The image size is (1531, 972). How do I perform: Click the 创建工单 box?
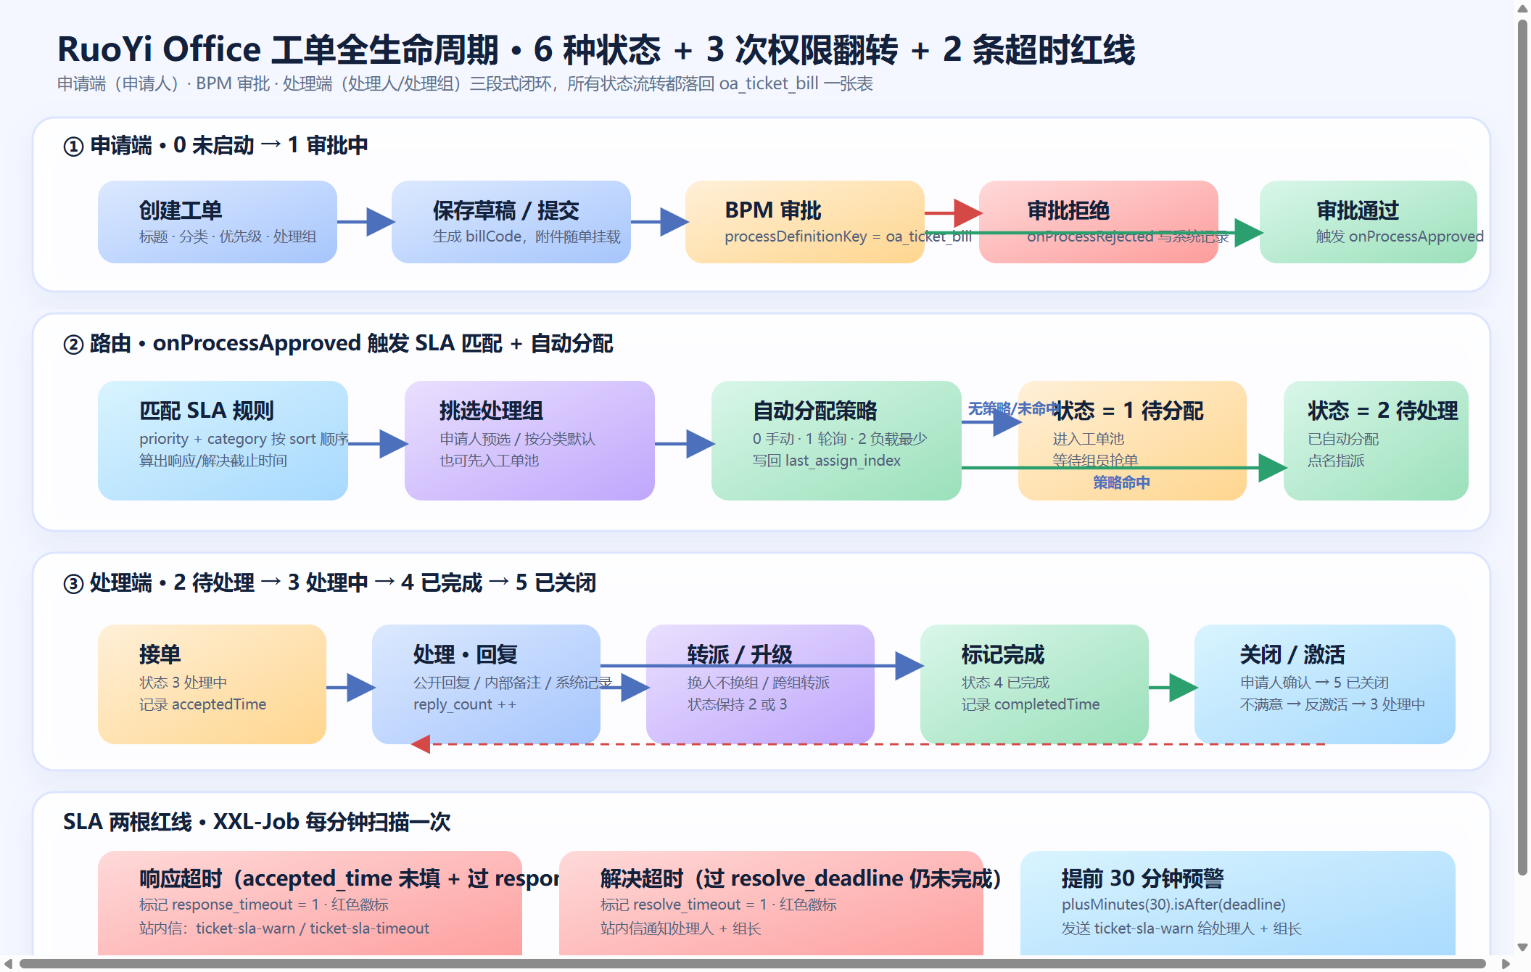(217, 221)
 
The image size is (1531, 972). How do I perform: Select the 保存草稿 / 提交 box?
(511, 221)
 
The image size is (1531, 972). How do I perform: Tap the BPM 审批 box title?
(772, 210)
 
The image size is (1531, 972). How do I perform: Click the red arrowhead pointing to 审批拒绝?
(968, 213)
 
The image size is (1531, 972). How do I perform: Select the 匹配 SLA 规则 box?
(222, 440)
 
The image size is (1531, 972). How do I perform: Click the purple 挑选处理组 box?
(529, 440)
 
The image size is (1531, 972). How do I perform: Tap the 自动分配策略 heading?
(814, 411)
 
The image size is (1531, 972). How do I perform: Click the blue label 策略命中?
(1121, 483)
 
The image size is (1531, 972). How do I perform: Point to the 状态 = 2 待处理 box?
(1375, 440)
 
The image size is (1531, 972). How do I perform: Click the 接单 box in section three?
(212, 683)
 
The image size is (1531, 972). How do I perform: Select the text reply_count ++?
(465, 705)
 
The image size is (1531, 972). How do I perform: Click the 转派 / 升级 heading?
(740, 654)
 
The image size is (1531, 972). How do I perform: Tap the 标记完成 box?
(1033, 683)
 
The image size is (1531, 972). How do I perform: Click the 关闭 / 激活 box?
(1324, 683)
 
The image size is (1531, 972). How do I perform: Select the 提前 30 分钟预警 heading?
(1142, 878)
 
